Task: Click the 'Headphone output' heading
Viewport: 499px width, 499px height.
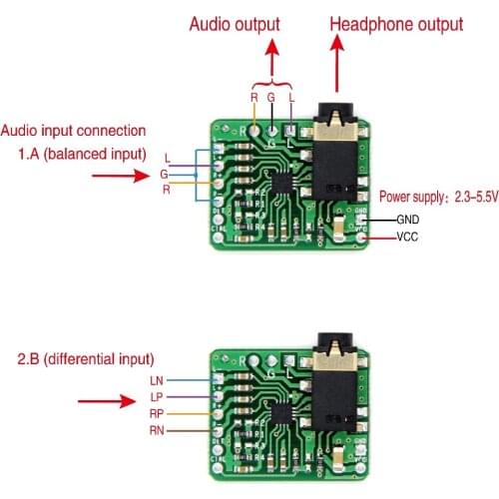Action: (396, 23)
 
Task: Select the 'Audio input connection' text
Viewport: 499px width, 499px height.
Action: (74, 131)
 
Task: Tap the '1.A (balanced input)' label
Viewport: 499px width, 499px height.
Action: (82, 154)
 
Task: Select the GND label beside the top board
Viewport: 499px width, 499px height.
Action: (407, 220)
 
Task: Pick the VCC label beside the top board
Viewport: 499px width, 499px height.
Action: (407, 238)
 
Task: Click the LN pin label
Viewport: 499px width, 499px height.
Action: (155, 380)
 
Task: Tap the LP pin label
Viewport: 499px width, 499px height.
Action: (155, 396)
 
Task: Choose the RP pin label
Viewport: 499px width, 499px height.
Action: (155, 413)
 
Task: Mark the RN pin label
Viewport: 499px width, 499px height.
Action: (155, 430)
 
